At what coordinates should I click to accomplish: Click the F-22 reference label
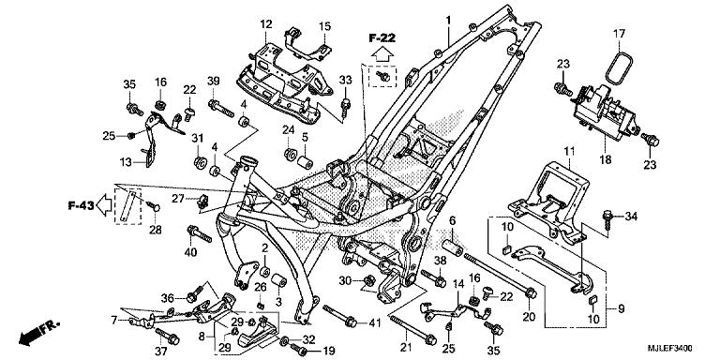point(381,37)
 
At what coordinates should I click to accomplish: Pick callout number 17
point(619,34)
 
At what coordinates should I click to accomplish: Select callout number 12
point(265,23)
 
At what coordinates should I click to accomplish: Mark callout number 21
point(406,348)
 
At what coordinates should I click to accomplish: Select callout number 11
point(568,151)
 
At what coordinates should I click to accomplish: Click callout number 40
point(192,252)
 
